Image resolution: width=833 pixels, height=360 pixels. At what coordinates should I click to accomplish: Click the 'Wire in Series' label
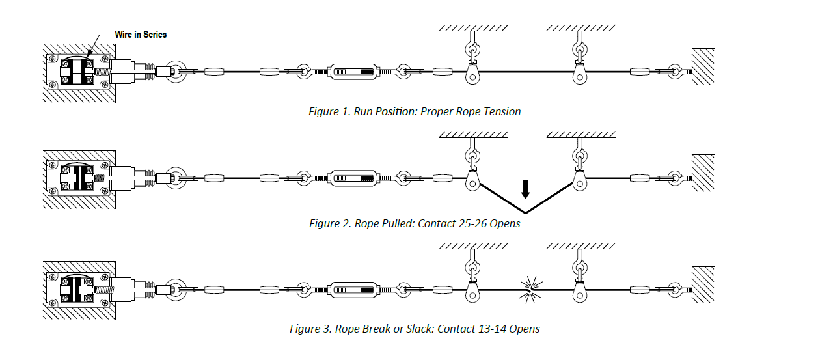click(141, 35)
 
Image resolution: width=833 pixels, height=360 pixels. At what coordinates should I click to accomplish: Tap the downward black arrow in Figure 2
click(526, 188)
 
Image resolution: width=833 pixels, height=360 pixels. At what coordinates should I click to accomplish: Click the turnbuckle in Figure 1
click(353, 72)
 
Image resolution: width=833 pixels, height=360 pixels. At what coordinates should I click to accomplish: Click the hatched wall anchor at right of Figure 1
click(703, 66)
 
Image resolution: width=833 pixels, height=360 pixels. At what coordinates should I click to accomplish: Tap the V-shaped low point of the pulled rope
click(526, 213)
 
